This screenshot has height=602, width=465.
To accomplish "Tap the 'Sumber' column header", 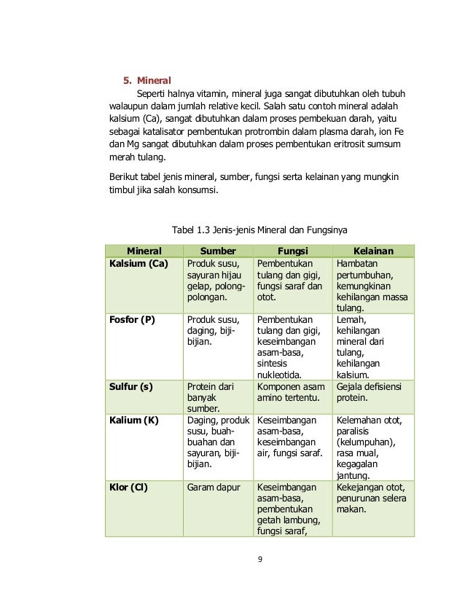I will (x=218, y=251).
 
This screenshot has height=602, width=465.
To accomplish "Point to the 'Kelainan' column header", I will (x=373, y=251).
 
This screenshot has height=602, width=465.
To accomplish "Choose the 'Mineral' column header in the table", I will (x=144, y=251).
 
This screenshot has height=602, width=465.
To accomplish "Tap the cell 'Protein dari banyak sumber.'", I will (x=211, y=398).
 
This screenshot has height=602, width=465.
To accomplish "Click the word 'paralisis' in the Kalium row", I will (x=355, y=431).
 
